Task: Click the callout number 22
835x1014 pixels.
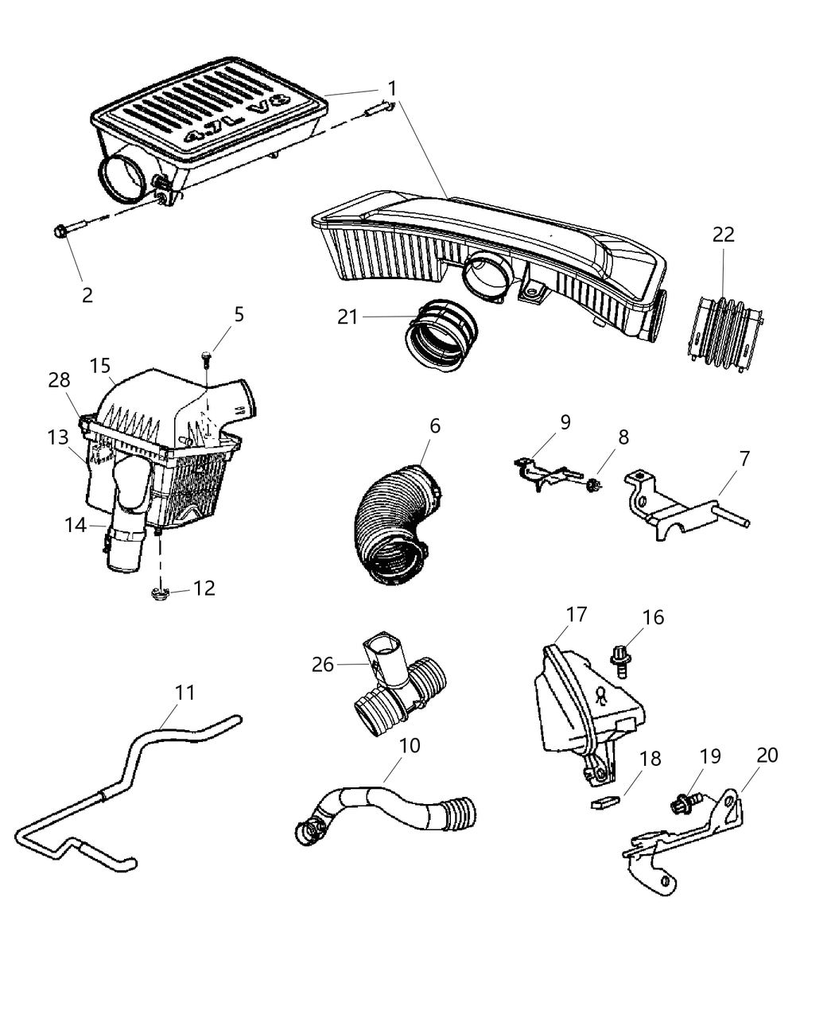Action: (723, 235)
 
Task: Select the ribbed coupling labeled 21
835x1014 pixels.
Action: (442, 336)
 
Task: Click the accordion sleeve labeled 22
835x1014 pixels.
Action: (723, 332)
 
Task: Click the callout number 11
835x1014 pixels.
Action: (184, 693)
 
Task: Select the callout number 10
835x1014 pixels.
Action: (410, 745)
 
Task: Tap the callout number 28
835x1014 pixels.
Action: (59, 380)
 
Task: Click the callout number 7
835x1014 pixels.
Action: (744, 458)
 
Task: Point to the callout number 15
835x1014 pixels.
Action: (100, 366)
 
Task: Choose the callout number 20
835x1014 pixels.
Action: (767, 755)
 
